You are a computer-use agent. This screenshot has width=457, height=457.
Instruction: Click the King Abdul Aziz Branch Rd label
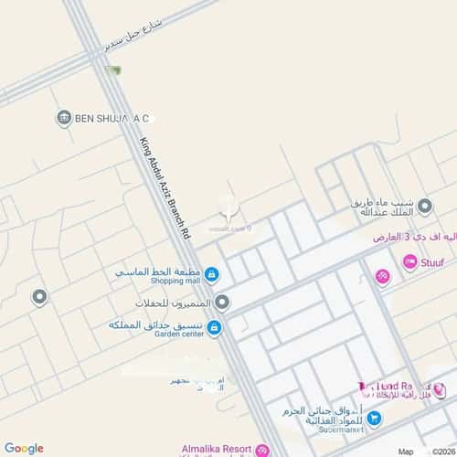(165, 189)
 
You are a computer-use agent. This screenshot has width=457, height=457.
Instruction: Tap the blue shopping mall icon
(211, 274)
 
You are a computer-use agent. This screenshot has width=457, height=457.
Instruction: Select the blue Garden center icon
(214, 327)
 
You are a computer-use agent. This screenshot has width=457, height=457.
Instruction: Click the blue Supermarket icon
(376, 419)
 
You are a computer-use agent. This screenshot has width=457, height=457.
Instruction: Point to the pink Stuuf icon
(410, 262)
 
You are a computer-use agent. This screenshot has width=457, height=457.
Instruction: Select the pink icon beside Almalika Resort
(263, 451)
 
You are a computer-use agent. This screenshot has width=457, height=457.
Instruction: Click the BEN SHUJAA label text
(112, 118)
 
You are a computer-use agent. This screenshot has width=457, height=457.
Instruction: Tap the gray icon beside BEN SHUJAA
(64, 117)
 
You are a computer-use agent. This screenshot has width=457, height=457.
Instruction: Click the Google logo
(24, 448)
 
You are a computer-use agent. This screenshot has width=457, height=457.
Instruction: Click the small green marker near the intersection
(113, 70)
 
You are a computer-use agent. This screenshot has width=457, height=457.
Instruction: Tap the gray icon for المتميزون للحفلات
(222, 302)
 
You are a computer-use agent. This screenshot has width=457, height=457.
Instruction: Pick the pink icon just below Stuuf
(382, 277)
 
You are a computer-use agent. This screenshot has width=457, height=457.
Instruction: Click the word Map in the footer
(406, 452)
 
